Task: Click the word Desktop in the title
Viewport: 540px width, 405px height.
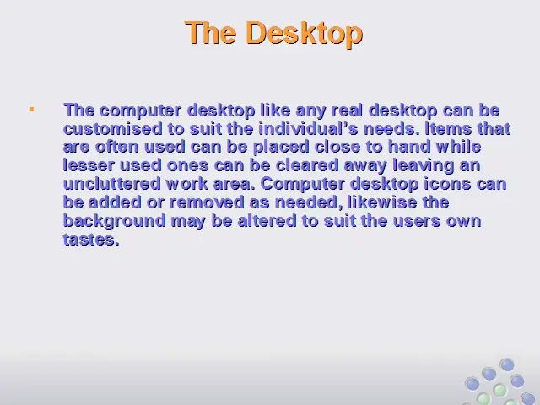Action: pyautogui.click(x=304, y=33)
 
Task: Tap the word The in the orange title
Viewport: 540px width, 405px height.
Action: pyautogui.click(x=211, y=32)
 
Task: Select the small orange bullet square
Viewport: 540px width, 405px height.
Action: pyautogui.click(x=32, y=110)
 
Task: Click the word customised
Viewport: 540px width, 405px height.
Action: pyautogui.click(x=113, y=129)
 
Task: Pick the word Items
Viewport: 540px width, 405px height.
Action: pyautogui.click(x=449, y=129)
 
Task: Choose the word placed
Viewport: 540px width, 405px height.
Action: pyautogui.click(x=281, y=148)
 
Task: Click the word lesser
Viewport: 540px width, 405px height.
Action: pyautogui.click(x=89, y=165)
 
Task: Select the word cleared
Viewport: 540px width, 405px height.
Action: pyautogui.click(x=307, y=165)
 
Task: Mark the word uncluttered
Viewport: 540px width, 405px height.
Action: pyautogui.click(x=112, y=184)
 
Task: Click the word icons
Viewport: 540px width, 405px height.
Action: pyautogui.click(x=447, y=184)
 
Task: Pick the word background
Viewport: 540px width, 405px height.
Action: pyautogui.click(x=115, y=221)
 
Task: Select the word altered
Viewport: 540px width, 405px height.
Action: pyautogui.click(x=267, y=221)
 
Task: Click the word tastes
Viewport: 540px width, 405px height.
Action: pyautogui.click(x=91, y=240)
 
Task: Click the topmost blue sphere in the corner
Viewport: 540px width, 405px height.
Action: pyautogui.click(x=507, y=365)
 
